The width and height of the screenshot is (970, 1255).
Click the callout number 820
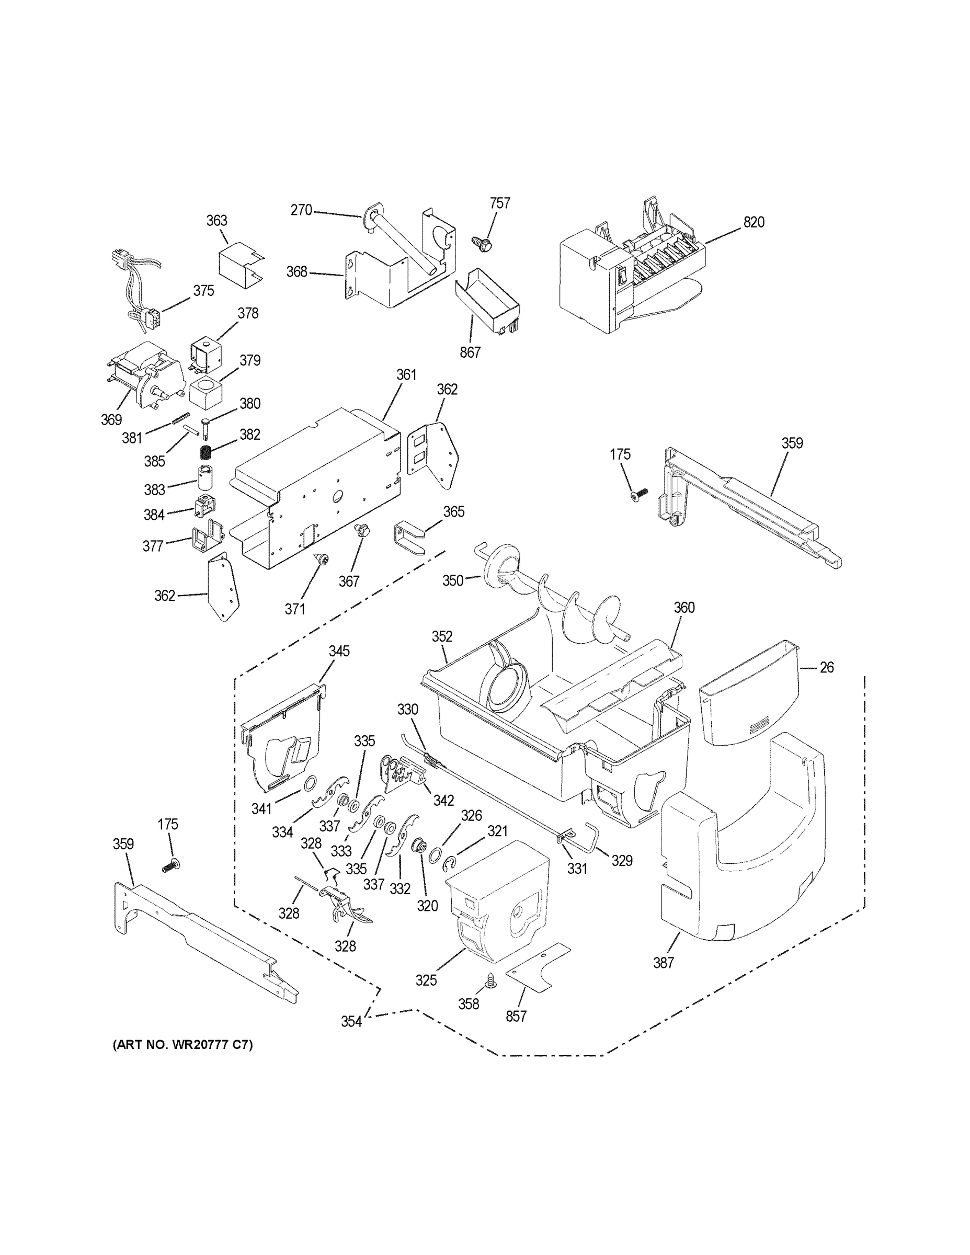(x=754, y=222)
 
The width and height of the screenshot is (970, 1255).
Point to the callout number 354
(x=351, y=1021)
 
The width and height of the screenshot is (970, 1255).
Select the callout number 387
(x=663, y=962)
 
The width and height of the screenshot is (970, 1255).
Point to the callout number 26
(x=826, y=667)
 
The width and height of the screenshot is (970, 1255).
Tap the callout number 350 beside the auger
(x=452, y=580)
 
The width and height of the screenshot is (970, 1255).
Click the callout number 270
(x=301, y=210)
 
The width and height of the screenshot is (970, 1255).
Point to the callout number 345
(x=339, y=651)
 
